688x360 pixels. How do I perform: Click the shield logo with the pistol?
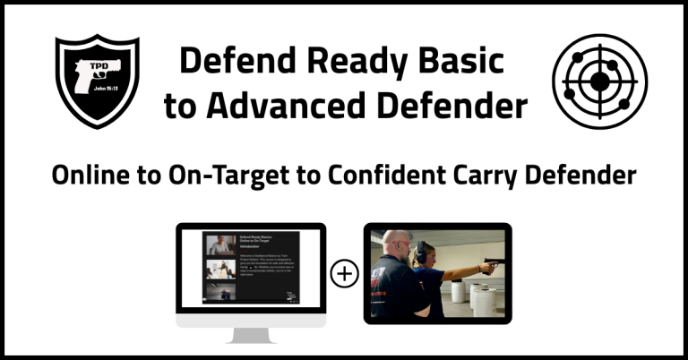tap(97, 81)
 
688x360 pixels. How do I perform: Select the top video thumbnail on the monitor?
tap(220, 244)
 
